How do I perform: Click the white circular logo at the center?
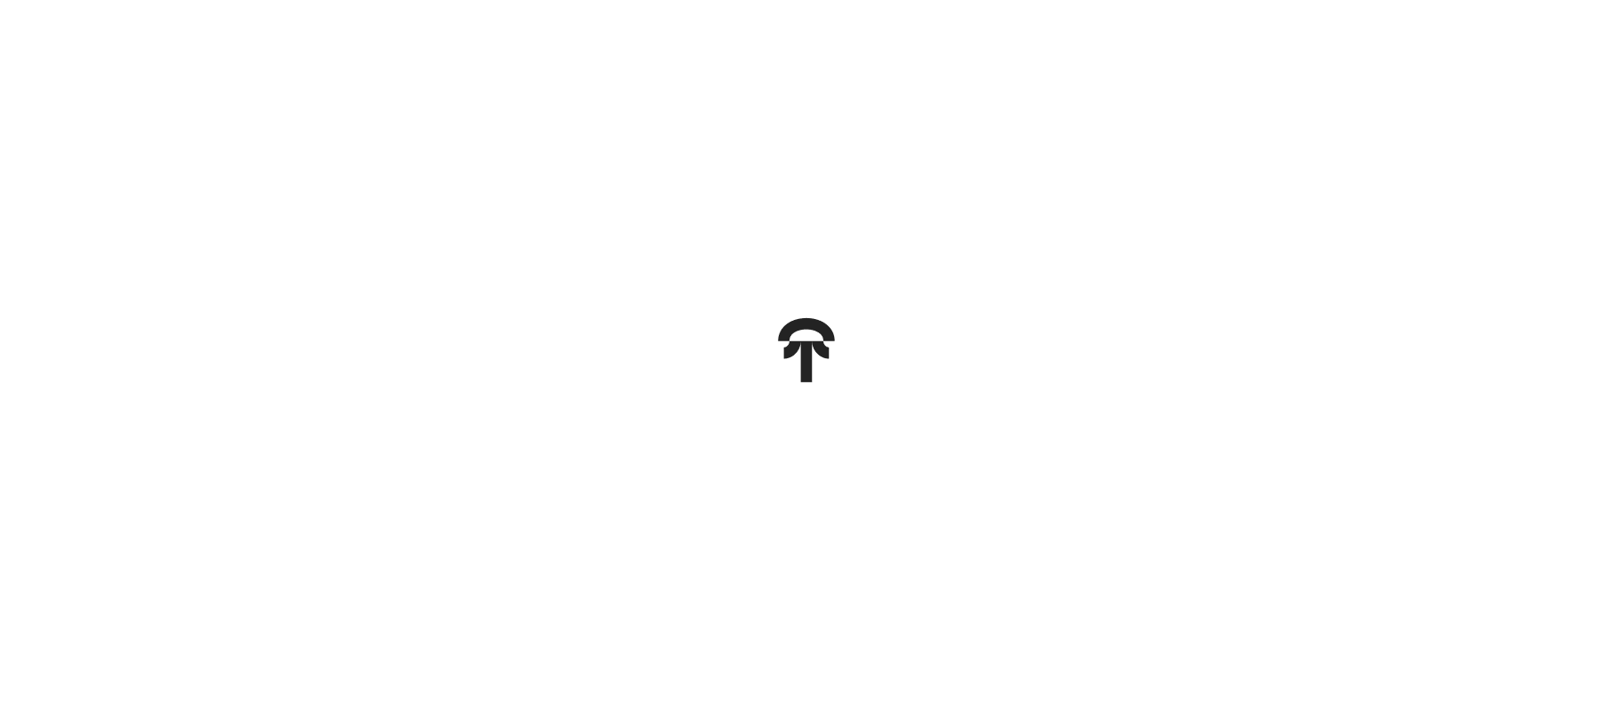pyautogui.click(x=806, y=350)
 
